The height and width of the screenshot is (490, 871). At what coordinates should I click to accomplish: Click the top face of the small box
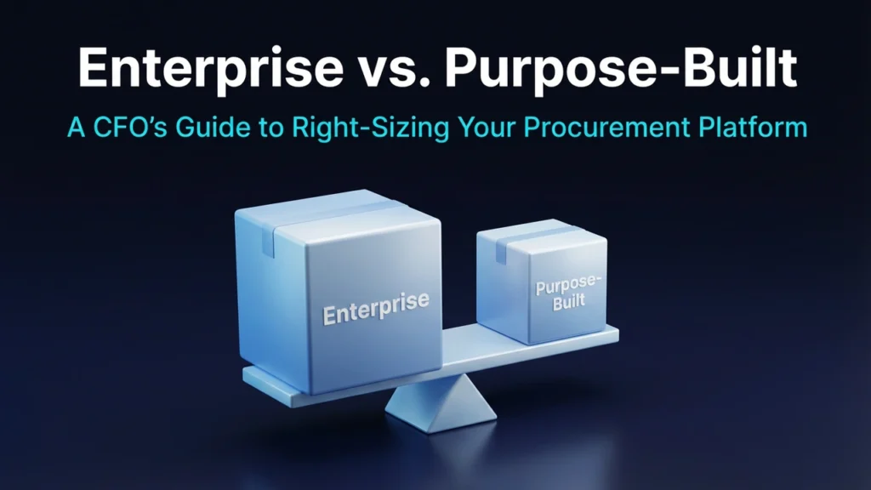[544, 231]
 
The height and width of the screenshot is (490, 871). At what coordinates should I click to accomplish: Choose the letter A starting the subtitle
[75, 128]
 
